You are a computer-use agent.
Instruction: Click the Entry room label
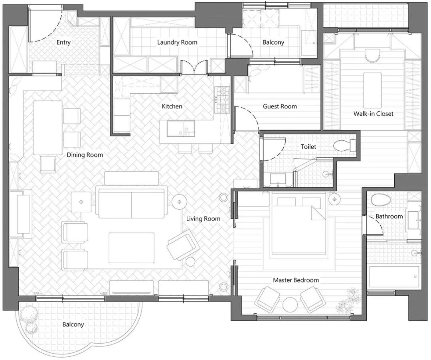(x=63, y=42)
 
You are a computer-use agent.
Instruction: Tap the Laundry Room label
(x=177, y=42)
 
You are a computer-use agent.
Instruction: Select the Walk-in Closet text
(x=373, y=114)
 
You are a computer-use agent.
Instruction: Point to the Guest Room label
(x=280, y=106)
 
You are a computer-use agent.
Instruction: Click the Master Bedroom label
(x=296, y=280)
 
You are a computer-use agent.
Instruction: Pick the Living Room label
(x=203, y=218)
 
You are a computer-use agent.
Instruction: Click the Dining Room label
(x=85, y=155)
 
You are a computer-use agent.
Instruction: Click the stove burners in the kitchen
(x=222, y=100)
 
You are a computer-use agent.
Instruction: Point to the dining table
(x=47, y=128)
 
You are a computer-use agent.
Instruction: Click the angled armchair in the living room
(x=183, y=244)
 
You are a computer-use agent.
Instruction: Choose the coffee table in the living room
(x=131, y=248)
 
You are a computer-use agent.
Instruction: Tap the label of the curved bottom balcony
(x=73, y=325)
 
